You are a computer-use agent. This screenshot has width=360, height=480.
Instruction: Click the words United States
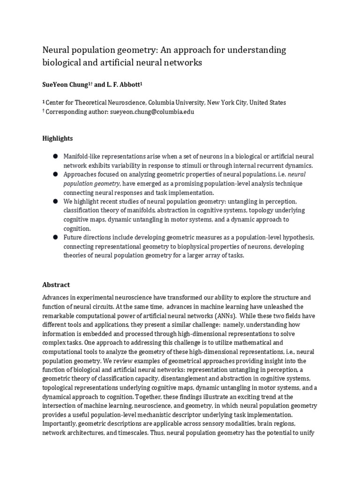268,103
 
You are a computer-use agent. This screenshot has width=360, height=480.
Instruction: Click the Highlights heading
58,138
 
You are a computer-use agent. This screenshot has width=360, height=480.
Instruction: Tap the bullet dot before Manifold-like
55,156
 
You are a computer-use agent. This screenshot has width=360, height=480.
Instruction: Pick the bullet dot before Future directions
55,237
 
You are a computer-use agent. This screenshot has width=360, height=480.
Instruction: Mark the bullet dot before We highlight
55,201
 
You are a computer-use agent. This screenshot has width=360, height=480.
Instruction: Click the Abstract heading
56,285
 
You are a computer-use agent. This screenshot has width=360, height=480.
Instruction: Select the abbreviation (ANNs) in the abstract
234,316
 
